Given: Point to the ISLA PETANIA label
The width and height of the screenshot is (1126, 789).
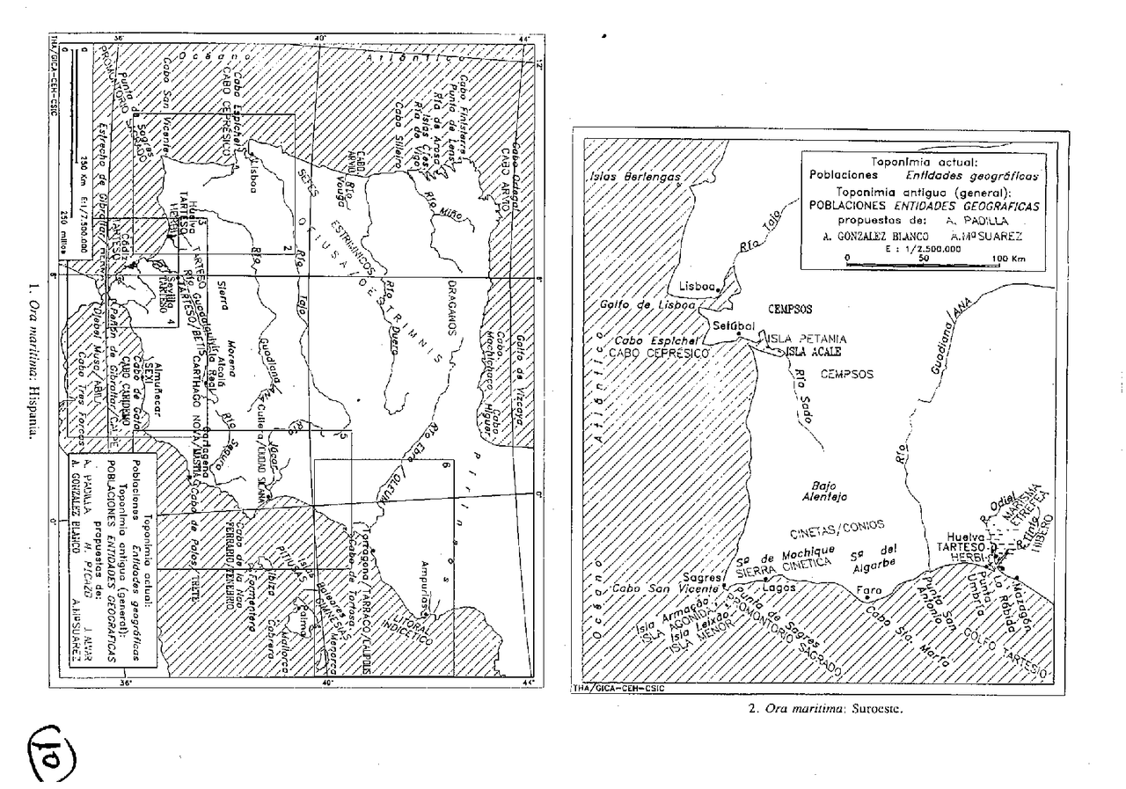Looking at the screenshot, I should (807, 338).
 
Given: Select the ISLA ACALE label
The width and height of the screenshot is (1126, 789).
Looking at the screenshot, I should (808, 352).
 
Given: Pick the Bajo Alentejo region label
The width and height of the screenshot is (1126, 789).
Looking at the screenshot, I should (835, 490).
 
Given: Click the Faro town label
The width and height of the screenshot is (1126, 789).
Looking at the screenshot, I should (868, 588).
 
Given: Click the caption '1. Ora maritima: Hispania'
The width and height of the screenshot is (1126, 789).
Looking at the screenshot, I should (33, 364).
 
